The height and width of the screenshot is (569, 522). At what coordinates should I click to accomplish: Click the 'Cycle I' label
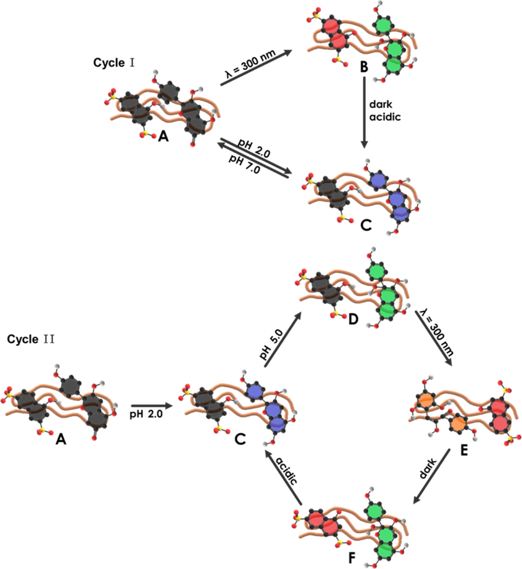pos(114,63)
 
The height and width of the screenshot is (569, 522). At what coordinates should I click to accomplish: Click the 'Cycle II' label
pos(31,340)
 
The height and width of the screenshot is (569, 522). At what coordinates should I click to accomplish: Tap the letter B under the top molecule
pos(364,67)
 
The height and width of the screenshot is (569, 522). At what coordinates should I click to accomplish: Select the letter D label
pos(353,320)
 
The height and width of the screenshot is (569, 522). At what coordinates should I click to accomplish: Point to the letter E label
pos(464,450)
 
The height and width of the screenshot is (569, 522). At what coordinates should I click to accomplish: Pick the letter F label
pos(352,558)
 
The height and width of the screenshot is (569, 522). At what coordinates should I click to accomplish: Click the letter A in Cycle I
pos(164,137)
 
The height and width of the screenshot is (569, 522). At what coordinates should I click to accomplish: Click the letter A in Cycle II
pos(61,440)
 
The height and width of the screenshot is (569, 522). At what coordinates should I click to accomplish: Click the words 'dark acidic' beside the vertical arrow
pos(385,111)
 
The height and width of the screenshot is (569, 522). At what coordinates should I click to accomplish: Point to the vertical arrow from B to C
pos(364,112)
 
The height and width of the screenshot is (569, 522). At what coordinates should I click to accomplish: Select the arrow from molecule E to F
pos(431,476)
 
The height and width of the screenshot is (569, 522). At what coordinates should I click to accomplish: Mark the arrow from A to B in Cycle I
pos(256,68)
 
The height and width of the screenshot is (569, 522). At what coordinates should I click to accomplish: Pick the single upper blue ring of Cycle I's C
pos(378,180)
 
